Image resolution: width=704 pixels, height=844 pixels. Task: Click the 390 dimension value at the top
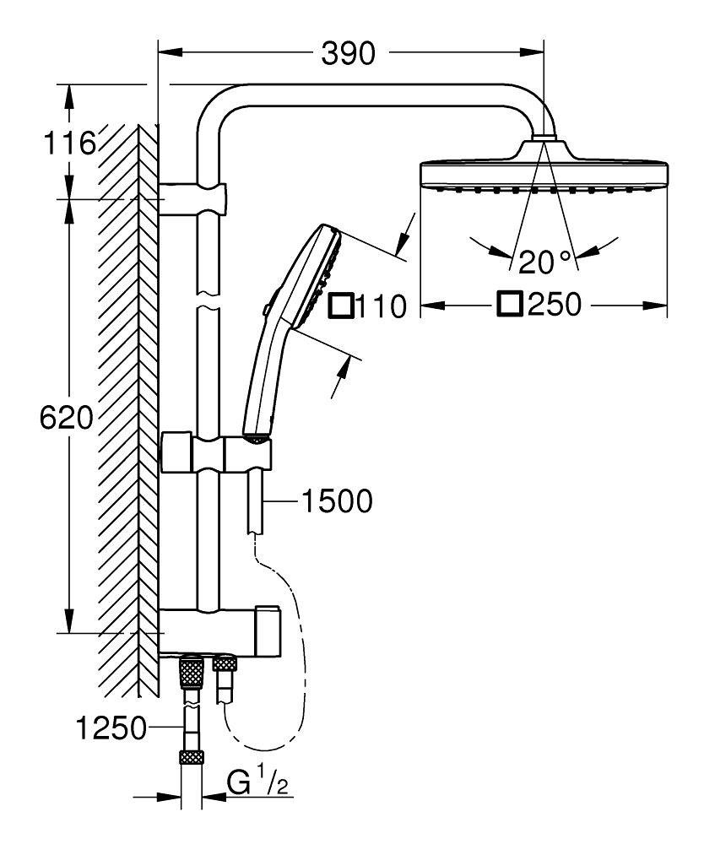click(349, 53)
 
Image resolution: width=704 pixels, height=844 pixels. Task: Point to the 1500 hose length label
click(336, 501)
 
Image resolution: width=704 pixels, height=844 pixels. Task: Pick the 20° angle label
click(545, 262)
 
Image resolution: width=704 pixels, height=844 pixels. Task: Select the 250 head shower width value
click(555, 305)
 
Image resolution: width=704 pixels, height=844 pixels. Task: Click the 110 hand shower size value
click(380, 306)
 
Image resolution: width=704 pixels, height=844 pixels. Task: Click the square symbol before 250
click(509, 304)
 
